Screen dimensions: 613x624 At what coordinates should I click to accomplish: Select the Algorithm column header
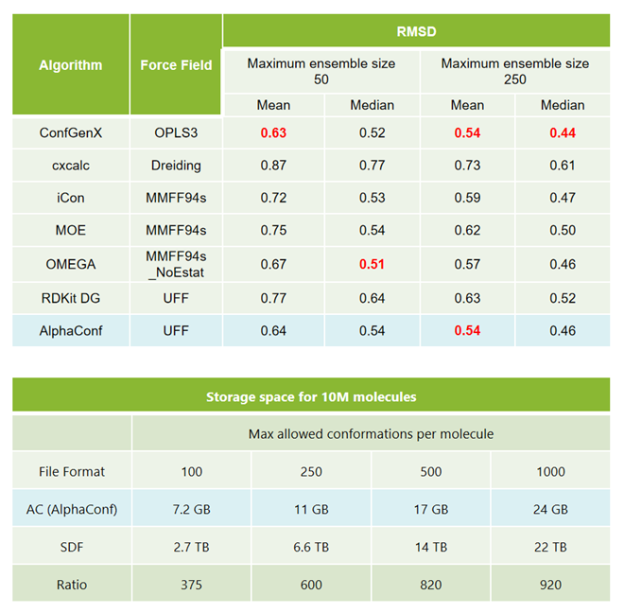(x=71, y=65)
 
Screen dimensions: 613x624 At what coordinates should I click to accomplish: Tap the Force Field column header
(x=176, y=65)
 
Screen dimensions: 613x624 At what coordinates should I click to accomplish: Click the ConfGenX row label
(x=71, y=132)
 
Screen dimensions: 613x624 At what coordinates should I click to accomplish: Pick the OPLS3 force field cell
(x=176, y=132)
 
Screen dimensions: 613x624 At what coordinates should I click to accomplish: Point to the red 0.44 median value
(x=563, y=132)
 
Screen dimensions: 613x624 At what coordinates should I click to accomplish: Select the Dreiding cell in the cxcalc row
(x=176, y=166)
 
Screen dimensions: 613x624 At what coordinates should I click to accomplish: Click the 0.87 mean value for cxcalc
(x=273, y=166)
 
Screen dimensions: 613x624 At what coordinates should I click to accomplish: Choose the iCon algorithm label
(x=71, y=199)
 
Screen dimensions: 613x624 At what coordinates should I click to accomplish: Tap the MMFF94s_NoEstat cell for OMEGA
(x=176, y=264)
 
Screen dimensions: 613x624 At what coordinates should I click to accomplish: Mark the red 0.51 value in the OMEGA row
(x=372, y=264)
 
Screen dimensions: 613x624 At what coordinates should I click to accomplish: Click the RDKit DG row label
(x=71, y=298)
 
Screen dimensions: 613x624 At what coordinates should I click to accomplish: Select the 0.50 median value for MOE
(x=563, y=232)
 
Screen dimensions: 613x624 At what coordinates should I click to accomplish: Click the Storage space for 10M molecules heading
(x=311, y=397)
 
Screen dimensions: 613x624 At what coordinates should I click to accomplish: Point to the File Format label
(x=72, y=471)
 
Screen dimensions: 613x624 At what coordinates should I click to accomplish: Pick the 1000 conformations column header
(x=550, y=471)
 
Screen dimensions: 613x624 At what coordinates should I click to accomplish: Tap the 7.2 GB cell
(x=192, y=509)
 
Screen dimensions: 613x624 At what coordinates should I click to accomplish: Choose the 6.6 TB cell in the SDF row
(x=311, y=547)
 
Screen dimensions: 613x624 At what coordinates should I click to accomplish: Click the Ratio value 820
(x=431, y=585)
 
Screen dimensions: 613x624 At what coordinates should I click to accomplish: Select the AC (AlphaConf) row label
(x=72, y=509)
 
